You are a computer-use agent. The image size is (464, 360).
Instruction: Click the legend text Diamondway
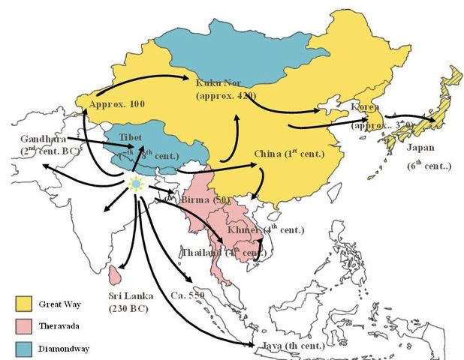click(x=66, y=349)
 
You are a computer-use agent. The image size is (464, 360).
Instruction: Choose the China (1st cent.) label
click(x=289, y=154)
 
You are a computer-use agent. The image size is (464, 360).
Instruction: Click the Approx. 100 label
click(x=116, y=103)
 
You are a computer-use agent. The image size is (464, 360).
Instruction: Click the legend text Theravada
click(x=62, y=327)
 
